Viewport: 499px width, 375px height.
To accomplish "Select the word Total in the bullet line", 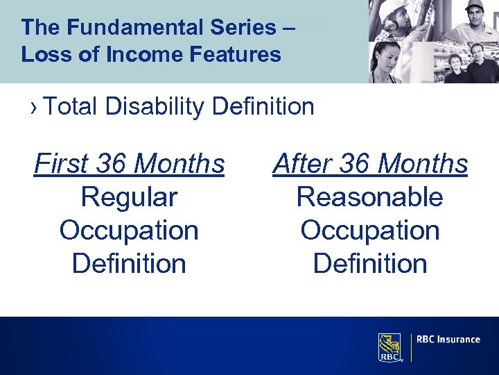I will coord(74,107).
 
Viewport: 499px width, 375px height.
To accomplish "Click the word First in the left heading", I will coord(62,165).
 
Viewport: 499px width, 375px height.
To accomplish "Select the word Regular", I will coord(129,197).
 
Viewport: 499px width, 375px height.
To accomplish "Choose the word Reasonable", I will coord(369,197).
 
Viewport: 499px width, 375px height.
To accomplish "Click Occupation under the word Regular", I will coord(129,231).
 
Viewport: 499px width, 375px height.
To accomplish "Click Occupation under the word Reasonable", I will coord(369,231).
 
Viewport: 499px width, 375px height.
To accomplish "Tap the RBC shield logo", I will coord(390,347).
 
